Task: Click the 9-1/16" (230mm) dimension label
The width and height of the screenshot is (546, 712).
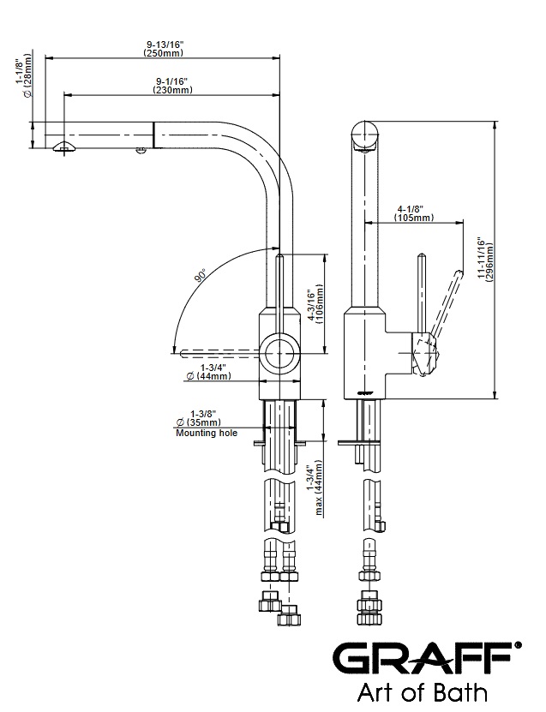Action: point(171,86)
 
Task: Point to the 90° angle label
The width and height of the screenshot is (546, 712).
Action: point(200,276)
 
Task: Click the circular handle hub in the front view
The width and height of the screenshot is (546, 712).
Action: point(279,351)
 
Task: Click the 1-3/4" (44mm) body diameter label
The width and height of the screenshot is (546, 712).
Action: point(203,372)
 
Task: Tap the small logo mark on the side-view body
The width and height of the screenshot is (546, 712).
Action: point(364,392)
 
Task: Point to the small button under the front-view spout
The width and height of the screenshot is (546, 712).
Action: point(141,152)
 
